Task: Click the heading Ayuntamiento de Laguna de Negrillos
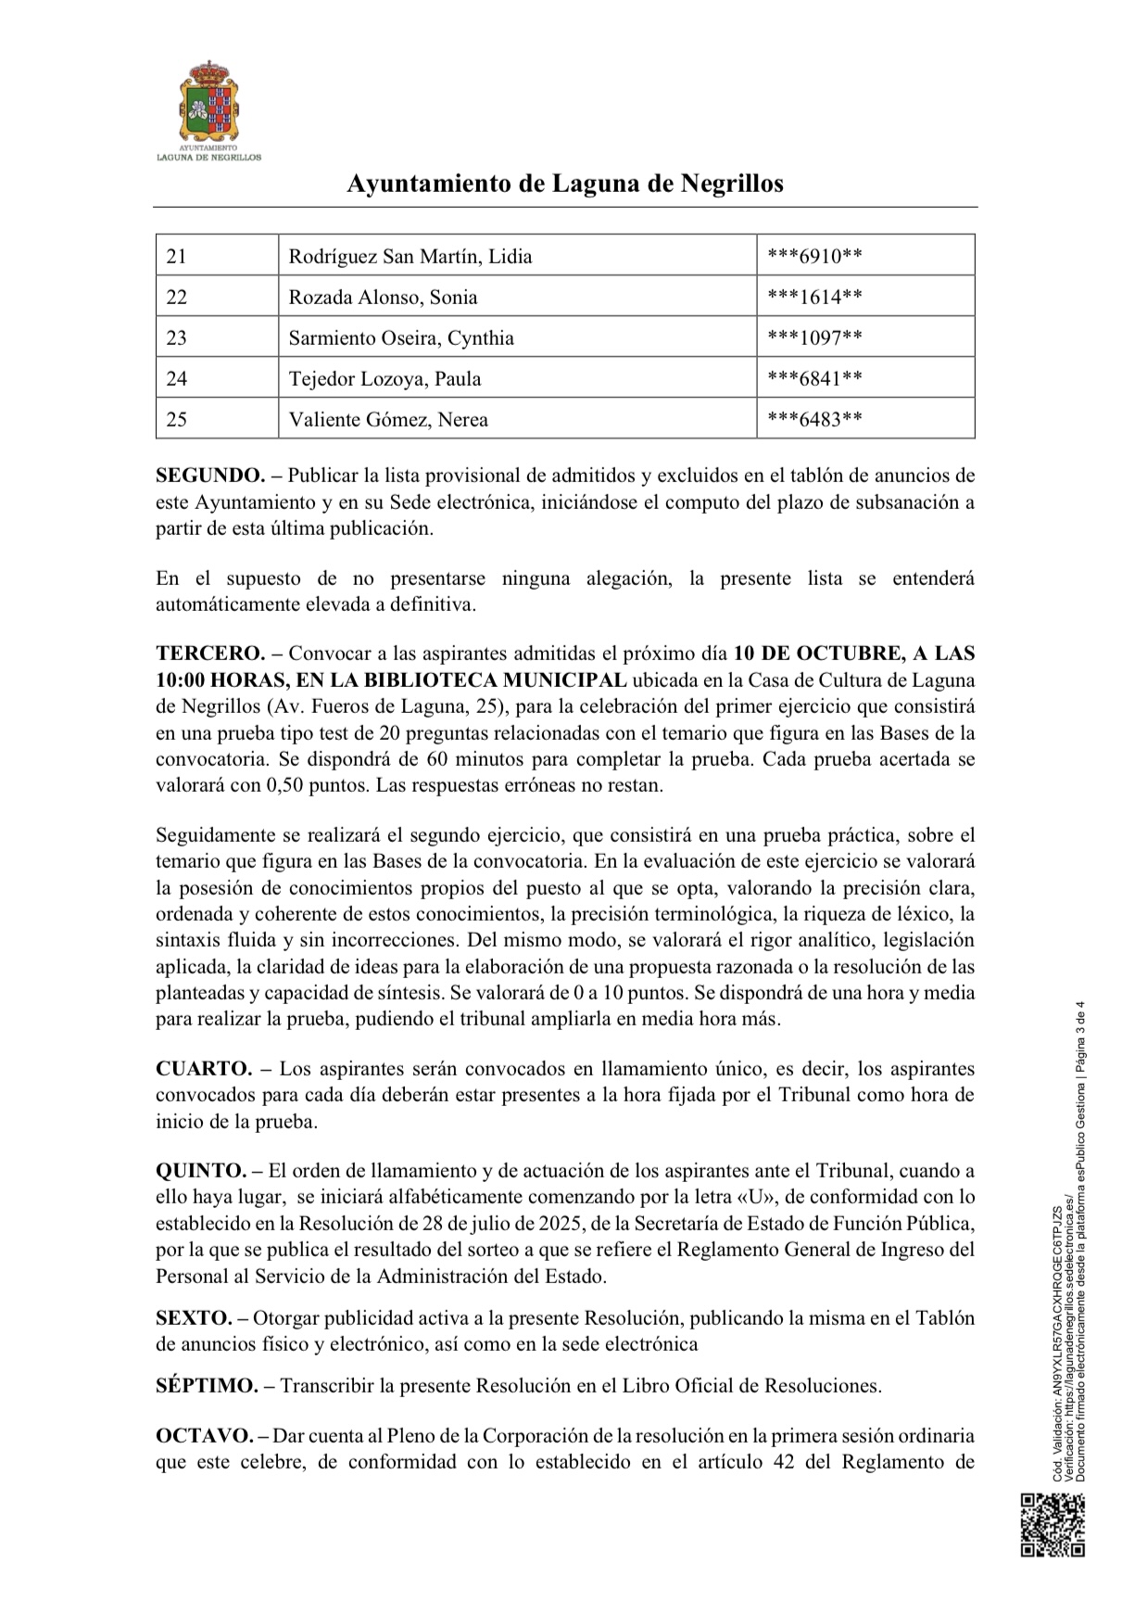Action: pyautogui.click(x=565, y=184)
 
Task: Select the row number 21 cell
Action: pyautogui.click(x=177, y=256)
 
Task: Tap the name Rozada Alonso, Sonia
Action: pyautogui.click(x=383, y=297)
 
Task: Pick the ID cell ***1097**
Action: pyautogui.click(x=815, y=337)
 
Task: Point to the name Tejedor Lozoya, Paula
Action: pyautogui.click(x=385, y=378)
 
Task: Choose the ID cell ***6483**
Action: pyautogui.click(x=815, y=419)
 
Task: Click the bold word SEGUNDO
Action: pyautogui.click(x=210, y=476)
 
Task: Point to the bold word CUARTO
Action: pyautogui.click(x=204, y=1068)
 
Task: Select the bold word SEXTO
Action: pyautogui.click(x=194, y=1317)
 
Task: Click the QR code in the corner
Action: pyautogui.click(x=1053, y=1524)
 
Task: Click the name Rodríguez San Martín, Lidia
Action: pyautogui.click(x=410, y=256)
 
